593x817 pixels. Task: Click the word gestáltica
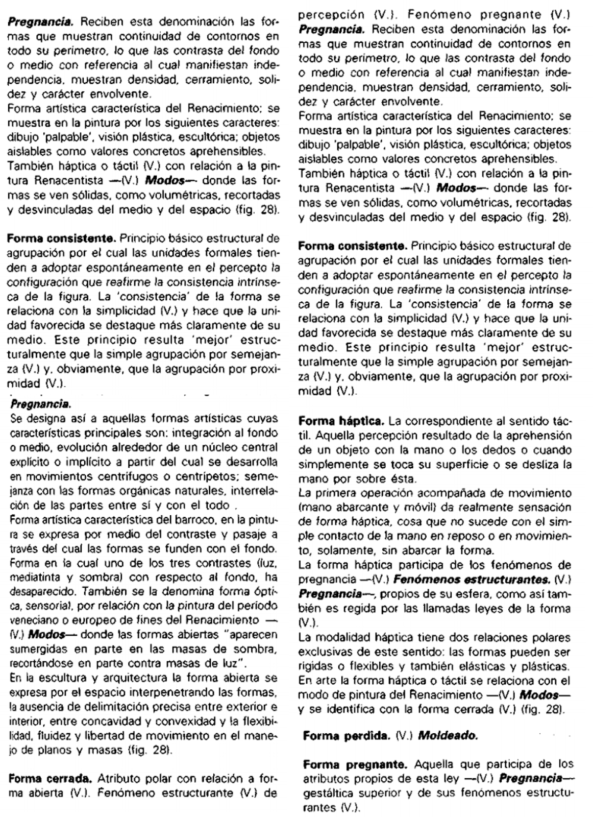coord(323,794)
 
